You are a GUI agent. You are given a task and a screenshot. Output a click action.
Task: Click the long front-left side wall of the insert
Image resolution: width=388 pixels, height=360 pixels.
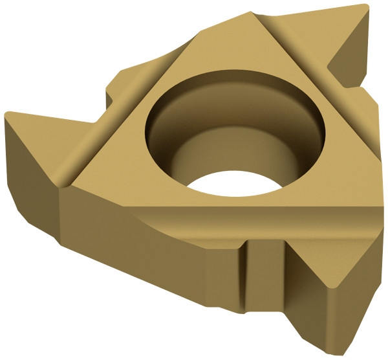149,259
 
